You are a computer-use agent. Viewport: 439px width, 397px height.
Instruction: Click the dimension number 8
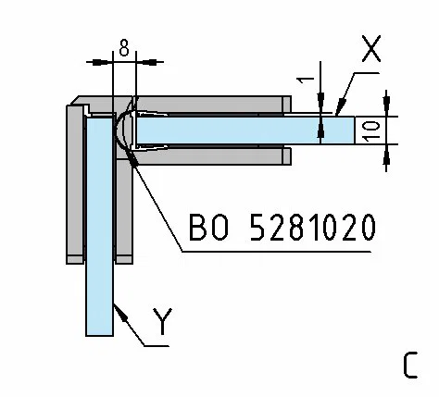124,49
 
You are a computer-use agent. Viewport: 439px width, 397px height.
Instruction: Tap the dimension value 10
372,130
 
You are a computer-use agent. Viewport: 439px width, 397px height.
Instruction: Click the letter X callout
371,48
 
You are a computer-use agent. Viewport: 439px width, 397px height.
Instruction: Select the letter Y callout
162,322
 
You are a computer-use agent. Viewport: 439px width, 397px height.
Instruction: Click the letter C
411,366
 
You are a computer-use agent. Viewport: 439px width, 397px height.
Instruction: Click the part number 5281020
312,228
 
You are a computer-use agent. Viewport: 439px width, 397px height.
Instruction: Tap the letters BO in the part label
208,228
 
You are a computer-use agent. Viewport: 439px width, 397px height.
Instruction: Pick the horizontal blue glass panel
245,130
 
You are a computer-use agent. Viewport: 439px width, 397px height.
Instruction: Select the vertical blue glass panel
99,226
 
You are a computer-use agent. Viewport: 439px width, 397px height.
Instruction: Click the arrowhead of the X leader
340,107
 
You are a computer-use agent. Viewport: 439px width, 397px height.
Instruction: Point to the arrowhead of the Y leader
121,313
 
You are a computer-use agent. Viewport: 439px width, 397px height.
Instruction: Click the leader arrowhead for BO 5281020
132,160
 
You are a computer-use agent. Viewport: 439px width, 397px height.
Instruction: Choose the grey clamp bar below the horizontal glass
210,156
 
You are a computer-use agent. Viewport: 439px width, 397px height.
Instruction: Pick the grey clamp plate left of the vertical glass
75,184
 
